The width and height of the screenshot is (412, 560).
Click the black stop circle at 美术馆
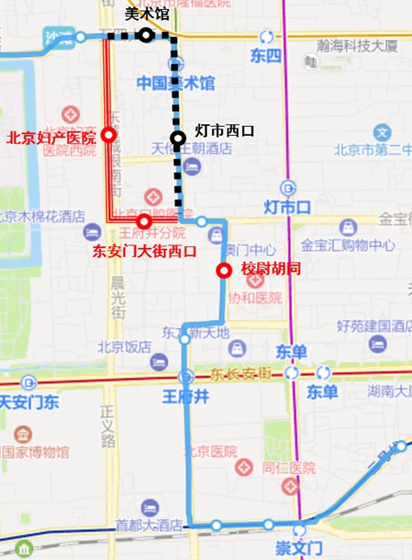145,35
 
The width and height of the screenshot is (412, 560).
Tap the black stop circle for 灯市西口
177,138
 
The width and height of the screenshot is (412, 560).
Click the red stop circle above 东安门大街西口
144,222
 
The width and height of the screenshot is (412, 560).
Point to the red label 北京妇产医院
50,138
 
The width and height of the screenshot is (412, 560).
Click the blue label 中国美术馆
176,83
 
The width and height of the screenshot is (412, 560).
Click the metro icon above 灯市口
286,187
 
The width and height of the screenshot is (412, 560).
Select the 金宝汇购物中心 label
347,245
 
